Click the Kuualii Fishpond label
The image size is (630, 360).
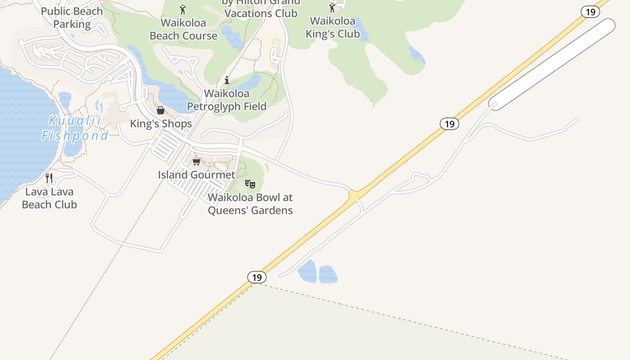75,128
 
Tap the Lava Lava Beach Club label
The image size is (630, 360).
49,198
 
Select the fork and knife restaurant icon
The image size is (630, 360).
49,178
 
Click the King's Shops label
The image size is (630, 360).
161,123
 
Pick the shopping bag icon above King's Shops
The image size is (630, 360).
161,110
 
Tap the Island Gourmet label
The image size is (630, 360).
196,175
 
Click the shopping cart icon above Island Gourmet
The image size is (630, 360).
196,162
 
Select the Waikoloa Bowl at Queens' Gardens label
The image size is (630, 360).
250,204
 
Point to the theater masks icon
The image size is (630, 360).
250,184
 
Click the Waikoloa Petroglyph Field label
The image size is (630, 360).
227,100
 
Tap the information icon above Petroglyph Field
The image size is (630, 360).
227,81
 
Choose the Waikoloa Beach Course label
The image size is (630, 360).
183,29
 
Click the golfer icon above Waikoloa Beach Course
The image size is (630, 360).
183,9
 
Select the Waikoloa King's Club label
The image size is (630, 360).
333,27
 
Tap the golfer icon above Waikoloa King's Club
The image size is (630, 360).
332,8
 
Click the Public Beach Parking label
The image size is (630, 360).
72,18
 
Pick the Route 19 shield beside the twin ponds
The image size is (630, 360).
257,277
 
